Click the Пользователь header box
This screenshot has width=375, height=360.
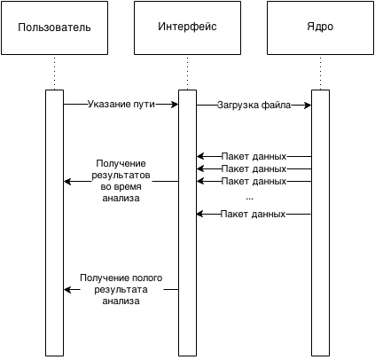click(x=54, y=27)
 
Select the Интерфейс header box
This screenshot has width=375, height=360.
click(x=187, y=27)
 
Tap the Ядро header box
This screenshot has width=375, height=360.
click(x=320, y=27)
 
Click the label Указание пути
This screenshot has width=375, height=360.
click(x=121, y=104)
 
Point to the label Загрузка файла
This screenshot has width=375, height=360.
click(x=254, y=105)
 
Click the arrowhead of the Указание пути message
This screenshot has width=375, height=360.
click(x=175, y=104)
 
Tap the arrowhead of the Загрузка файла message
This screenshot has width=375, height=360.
click(x=308, y=105)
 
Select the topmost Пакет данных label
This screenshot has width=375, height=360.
click(x=254, y=156)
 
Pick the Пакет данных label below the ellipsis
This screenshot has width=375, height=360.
click(x=254, y=214)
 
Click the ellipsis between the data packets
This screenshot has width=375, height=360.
click(x=249, y=199)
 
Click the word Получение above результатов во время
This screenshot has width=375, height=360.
click(x=121, y=163)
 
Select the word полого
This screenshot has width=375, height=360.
click(x=147, y=278)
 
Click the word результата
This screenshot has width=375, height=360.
click(x=121, y=290)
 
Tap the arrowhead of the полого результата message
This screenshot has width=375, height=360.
click(x=67, y=290)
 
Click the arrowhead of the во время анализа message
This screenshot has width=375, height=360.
click(x=67, y=181)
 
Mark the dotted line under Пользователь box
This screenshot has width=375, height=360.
click(x=55, y=73)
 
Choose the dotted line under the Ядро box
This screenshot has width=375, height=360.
click(x=321, y=73)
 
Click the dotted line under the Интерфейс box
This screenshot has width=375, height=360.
click(x=188, y=73)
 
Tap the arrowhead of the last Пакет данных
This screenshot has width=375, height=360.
click(x=200, y=214)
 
